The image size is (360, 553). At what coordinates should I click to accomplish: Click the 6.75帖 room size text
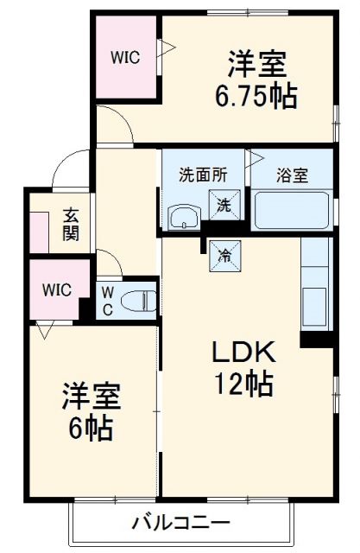point(256,95)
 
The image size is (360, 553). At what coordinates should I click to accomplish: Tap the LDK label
point(244,353)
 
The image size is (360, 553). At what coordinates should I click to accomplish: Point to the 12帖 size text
point(245,382)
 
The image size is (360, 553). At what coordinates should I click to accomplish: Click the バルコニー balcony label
point(180,523)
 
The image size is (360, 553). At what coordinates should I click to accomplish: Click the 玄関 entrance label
point(70,225)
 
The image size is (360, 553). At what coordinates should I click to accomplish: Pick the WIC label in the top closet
point(124,58)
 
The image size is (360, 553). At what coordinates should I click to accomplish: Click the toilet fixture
point(137,301)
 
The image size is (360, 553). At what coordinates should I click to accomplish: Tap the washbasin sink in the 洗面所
point(182,216)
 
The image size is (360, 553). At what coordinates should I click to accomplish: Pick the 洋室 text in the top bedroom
point(256,63)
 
